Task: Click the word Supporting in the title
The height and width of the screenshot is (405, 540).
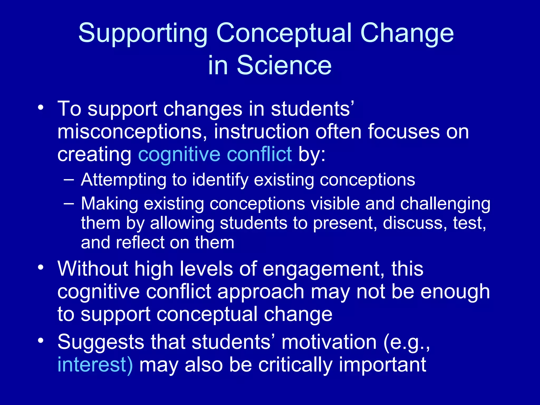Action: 143,33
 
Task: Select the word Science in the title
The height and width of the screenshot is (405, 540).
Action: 284,66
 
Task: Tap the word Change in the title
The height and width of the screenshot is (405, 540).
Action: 407,33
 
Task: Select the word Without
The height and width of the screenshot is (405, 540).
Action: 93,269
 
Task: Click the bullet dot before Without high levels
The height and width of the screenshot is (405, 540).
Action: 40,267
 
